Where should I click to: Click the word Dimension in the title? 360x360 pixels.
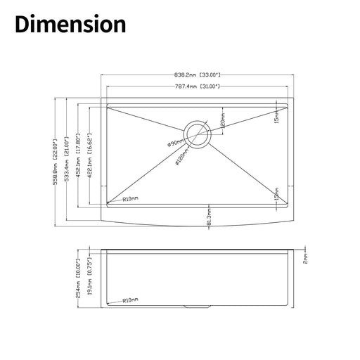tap(70, 25)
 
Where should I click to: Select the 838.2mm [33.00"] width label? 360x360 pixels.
tap(194, 74)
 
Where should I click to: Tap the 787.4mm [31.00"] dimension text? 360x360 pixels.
tap(195, 86)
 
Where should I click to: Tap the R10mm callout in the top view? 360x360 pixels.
tap(130, 200)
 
